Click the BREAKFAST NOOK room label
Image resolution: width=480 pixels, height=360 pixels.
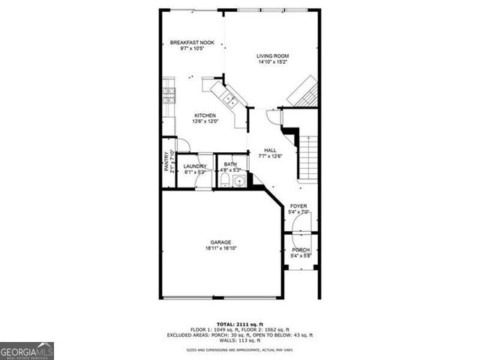tap(192, 43)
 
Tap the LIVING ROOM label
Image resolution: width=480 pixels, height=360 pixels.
tap(272, 56)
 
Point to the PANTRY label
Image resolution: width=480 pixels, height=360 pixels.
tap(167, 161)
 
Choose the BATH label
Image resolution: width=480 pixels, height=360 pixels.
tap(230, 164)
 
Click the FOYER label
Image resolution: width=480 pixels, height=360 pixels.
tap(298, 206)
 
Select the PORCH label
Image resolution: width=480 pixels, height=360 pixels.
tap(301, 250)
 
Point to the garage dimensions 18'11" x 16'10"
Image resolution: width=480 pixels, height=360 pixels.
tap(221, 248)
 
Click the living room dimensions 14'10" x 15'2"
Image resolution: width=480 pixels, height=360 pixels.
tap(272, 62)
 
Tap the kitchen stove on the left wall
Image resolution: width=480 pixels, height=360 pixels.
tap(169, 96)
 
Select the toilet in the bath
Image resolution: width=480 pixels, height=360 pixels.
tap(226, 180)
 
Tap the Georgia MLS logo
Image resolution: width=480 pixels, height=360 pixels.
tap(27, 351)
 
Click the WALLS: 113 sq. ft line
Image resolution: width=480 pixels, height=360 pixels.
tap(240, 340)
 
